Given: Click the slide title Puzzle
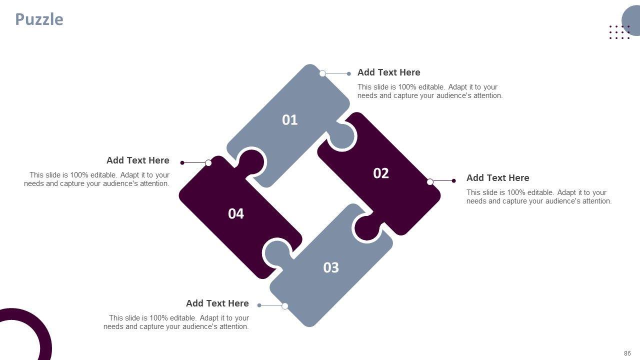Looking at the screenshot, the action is click(x=39, y=19).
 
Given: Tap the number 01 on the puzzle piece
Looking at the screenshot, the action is click(x=289, y=120).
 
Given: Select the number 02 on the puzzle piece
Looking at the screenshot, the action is click(x=381, y=173).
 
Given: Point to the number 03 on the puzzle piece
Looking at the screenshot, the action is click(x=331, y=267).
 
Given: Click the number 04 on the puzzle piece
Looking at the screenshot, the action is click(x=236, y=213).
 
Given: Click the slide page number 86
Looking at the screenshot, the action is click(x=627, y=353).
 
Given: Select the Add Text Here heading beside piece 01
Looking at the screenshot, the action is click(x=389, y=72).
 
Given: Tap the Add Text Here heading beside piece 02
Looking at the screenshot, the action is click(x=497, y=177).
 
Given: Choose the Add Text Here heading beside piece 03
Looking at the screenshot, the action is click(x=217, y=303).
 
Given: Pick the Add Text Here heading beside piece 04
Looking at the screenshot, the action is click(x=138, y=160).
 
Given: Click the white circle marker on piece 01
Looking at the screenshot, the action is click(x=322, y=73).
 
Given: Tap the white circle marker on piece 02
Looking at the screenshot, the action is click(x=430, y=181).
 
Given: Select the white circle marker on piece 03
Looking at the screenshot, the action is click(x=285, y=306).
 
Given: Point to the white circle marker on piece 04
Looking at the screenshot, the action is click(x=208, y=163).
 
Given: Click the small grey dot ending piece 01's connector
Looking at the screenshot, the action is click(x=349, y=73).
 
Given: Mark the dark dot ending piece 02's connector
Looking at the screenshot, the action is click(x=453, y=180).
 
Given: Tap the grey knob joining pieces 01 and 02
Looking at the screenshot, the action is click(x=342, y=137).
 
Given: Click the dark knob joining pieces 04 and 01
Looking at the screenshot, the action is click(x=251, y=162).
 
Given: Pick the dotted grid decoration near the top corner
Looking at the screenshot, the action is click(x=619, y=32).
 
